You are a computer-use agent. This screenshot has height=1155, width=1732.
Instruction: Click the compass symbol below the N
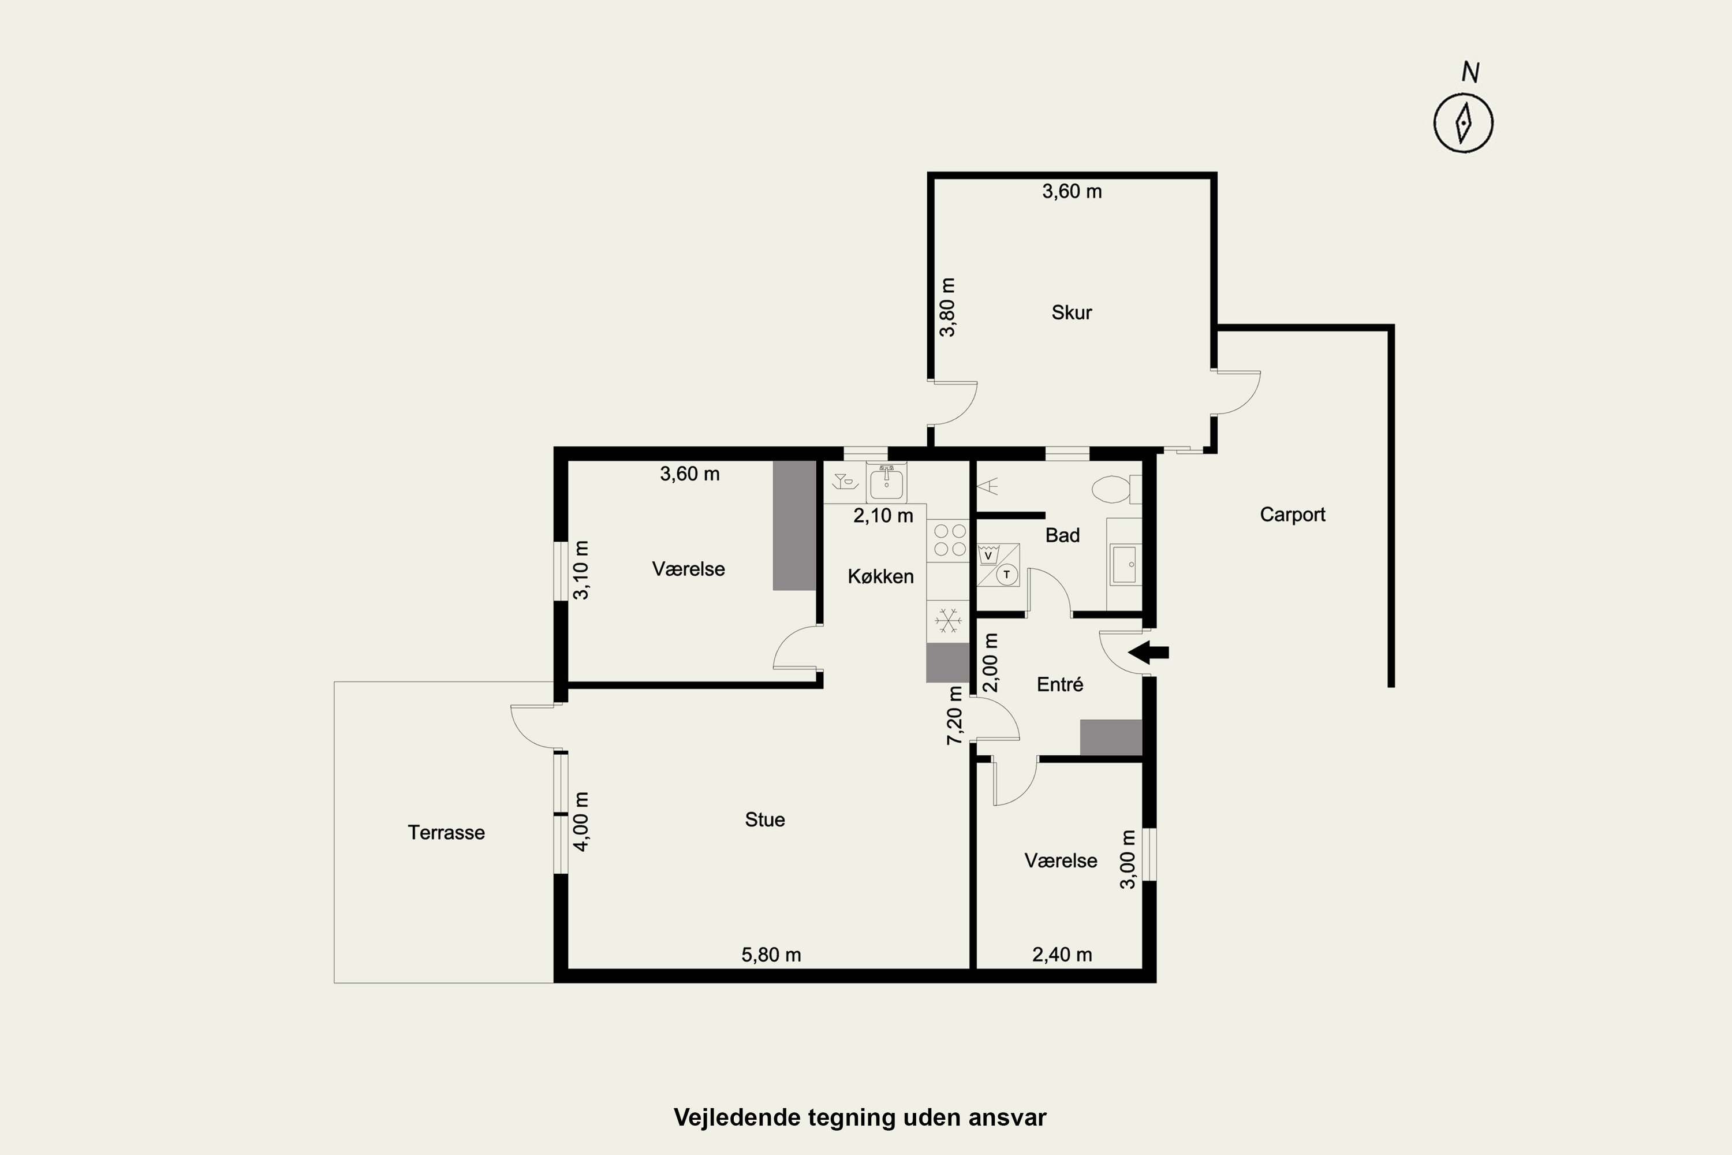click(1463, 123)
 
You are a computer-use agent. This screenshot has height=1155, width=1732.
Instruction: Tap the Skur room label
click(1072, 312)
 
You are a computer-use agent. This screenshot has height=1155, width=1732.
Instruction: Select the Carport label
click(1293, 514)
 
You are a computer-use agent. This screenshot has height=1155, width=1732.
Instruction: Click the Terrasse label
click(446, 832)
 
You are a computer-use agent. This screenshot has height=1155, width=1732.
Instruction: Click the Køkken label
click(881, 576)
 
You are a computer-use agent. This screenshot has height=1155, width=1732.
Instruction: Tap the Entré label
click(1059, 684)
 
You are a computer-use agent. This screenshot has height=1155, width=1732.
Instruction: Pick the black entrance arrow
click(1148, 652)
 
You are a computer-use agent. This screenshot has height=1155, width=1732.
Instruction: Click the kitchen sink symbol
click(887, 482)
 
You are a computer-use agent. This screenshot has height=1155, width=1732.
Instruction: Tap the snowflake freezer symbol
click(949, 620)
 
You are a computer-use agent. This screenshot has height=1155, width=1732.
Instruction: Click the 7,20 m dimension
click(954, 716)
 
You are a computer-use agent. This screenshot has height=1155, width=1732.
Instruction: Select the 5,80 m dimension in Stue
click(771, 955)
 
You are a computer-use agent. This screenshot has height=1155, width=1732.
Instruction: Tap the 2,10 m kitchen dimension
click(883, 516)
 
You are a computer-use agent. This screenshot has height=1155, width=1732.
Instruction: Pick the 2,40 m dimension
click(1062, 955)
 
